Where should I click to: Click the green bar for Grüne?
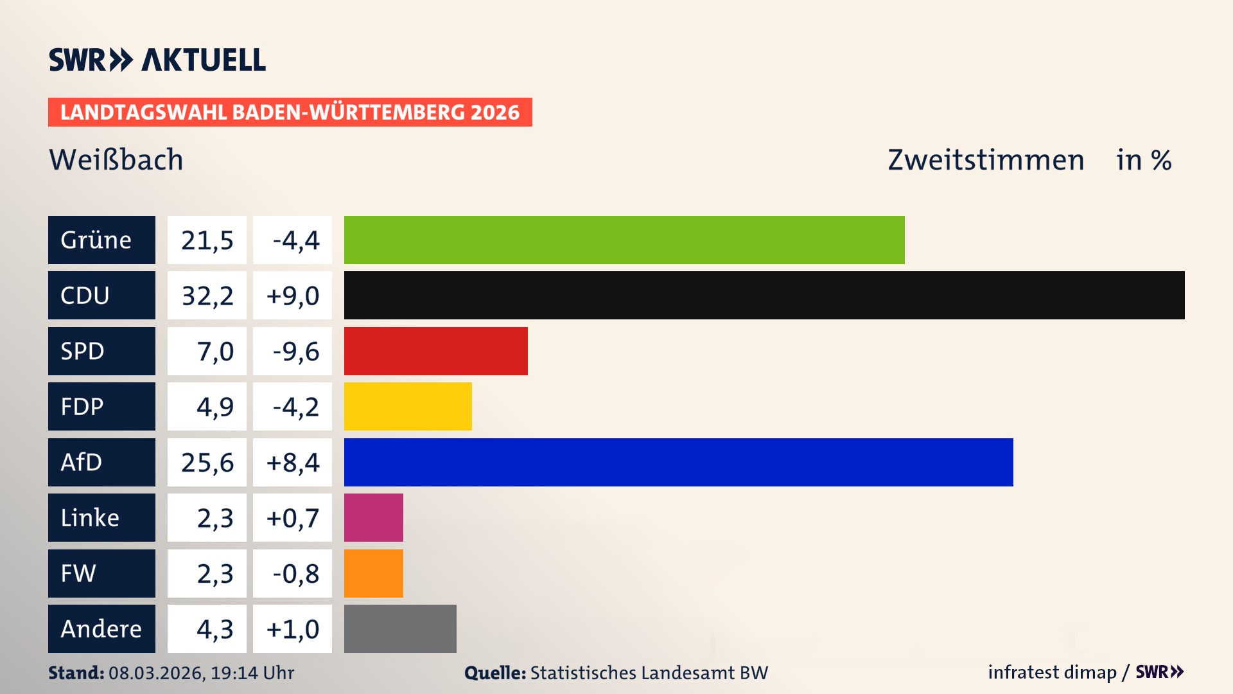point(624,240)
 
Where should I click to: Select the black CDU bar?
point(764,296)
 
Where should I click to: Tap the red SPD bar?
point(435,351)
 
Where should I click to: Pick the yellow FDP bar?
point(408,407)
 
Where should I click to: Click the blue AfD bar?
point(678,462)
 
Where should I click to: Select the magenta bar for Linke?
point(374,518)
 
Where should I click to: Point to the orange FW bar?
point(374,573)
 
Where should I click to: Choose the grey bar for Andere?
point(400,628)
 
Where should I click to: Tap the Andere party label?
point(101,628)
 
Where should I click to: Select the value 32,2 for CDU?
point(207,296)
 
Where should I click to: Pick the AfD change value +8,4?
point(293,462)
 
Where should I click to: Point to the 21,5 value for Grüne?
point(207,240)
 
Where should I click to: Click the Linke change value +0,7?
point(293,518)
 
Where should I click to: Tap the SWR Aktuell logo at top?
point(157,60)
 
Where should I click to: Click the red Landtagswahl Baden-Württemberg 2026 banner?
point(290,112)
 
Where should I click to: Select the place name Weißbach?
point(116,160)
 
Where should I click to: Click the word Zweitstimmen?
point(986,160)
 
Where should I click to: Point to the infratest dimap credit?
point(1052,672)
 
